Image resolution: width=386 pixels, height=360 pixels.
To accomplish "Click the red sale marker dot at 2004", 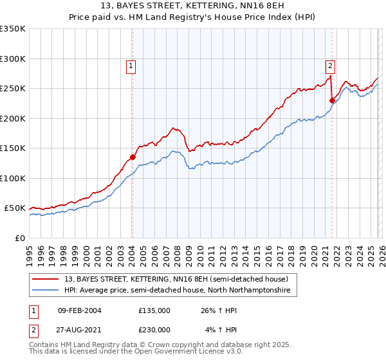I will (x=133, y=157).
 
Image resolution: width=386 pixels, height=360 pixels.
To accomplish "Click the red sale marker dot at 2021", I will (x=333, y=100).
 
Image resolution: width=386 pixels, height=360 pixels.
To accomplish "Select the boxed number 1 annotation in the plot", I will (x=131, y=65).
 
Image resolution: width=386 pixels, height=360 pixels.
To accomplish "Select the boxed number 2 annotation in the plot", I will (x=330, y=65).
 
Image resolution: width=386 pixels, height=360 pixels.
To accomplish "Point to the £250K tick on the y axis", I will (x=12, y=89).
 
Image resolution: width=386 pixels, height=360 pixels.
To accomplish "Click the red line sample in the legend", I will (x=46, y=279).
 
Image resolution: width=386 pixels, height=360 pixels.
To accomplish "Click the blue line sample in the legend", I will (x=46, y=291).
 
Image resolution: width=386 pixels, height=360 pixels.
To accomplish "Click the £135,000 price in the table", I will (x=154, y=310).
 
